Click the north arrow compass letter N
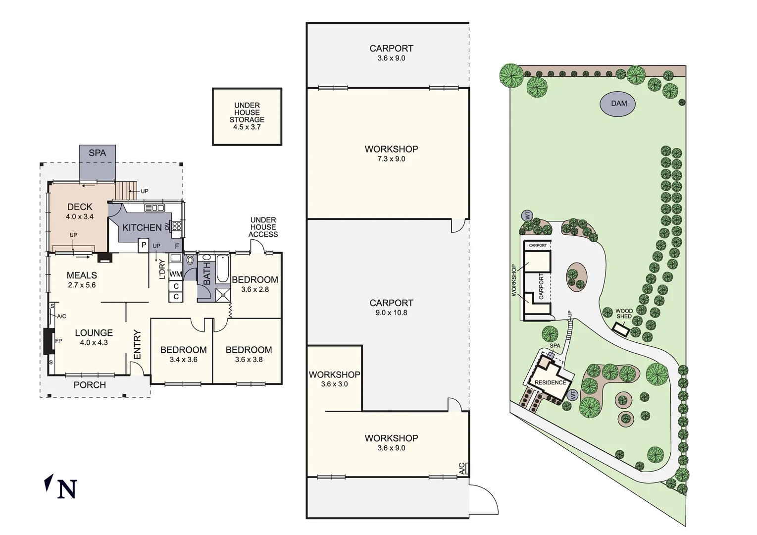tap(67, 488)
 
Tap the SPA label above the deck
tap(97, 153)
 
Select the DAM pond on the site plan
tap(618, 104)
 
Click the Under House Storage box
tap(247, 116)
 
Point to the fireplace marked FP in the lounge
tap(50, 341)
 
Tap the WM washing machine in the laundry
tap(176, 274)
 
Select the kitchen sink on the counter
tap(154, 208)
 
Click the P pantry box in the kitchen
tap(144, 245)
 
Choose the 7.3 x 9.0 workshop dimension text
tap(391, 159)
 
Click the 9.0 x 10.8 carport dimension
tap(391, 313)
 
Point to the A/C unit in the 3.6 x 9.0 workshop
tap(463, 469)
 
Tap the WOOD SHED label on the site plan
tap(624, 314)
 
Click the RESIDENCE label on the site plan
tap(550, 382)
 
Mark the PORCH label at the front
tap(90, 385)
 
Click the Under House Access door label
tap(263, 227)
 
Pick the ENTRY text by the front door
tap(137, 345)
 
